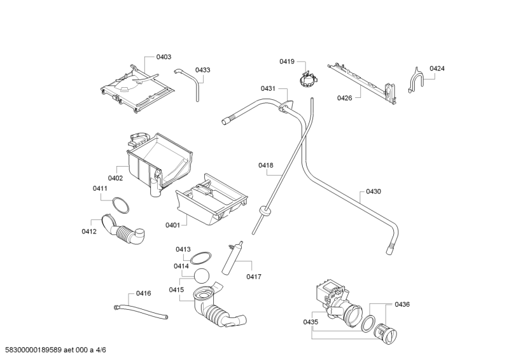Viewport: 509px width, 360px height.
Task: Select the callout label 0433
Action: point(203,70)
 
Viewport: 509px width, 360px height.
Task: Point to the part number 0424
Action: point(436,69)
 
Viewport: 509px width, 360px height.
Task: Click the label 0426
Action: point(344,98)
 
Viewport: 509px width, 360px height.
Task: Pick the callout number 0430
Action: point(373,191)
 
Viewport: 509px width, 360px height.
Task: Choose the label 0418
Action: point(265,165)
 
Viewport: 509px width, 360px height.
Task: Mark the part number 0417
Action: point(254,277)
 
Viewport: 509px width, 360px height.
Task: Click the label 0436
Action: point(402,305)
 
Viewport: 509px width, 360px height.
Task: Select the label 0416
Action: point(143,293)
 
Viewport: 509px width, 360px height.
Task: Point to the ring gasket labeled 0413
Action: point(201,257)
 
